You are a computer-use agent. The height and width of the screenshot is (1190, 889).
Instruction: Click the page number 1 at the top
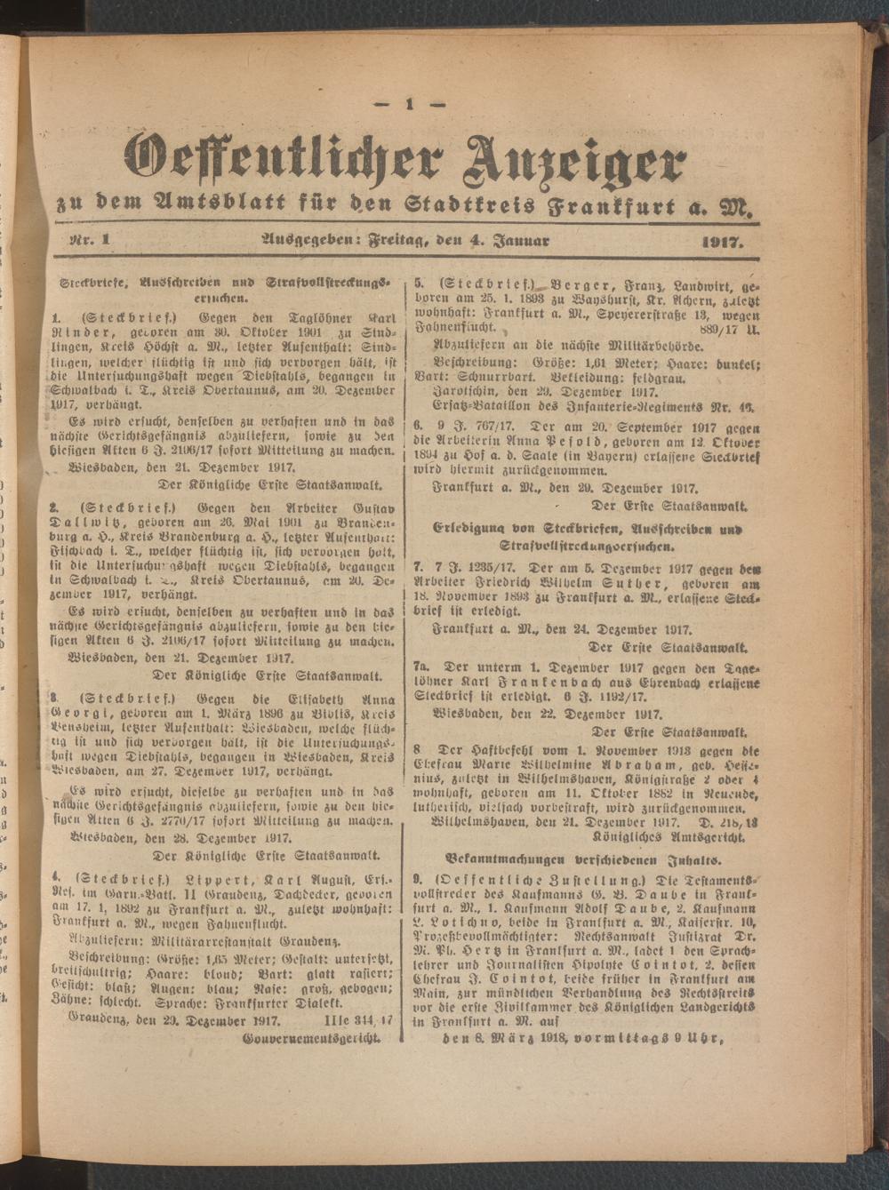411,104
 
